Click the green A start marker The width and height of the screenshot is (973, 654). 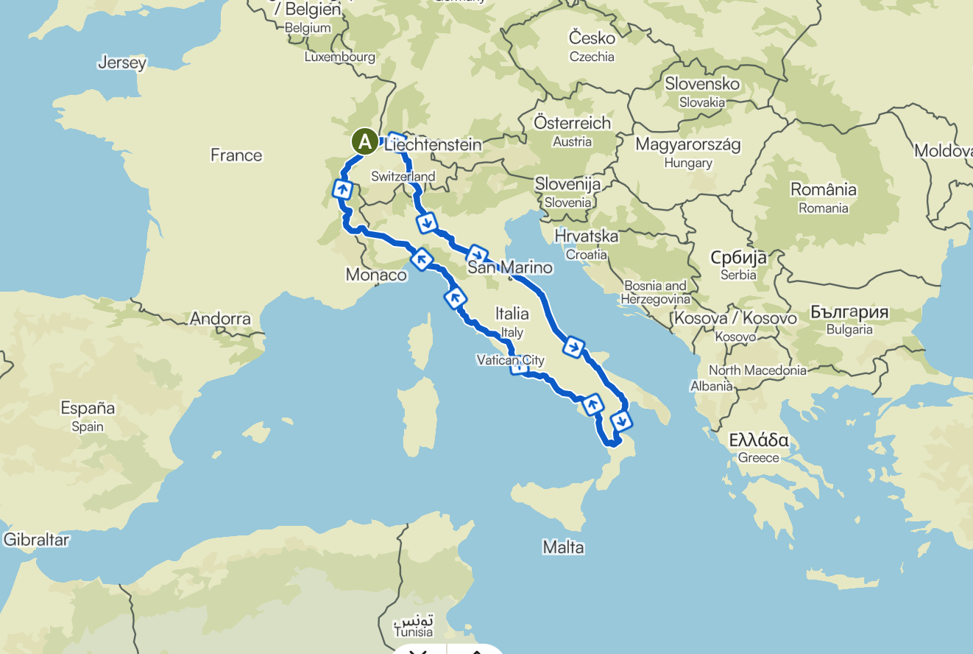point(364,141)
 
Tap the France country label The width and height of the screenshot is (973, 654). point(236,155)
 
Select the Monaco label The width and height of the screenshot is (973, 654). point(376,275)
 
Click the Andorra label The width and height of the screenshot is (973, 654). point(220,319)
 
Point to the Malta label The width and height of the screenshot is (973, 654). point(563,547)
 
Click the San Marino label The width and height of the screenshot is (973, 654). point(510,267)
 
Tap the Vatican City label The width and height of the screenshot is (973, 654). point(510,360)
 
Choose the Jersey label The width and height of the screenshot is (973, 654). point(122,63)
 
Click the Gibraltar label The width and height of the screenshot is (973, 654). point(36,540)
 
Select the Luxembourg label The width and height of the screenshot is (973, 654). point(340,57)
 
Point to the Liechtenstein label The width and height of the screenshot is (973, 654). point(434,144)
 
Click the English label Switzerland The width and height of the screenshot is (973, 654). point(403,177)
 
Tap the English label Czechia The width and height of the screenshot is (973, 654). point(592,57)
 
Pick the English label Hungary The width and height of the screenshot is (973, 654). point(687,163)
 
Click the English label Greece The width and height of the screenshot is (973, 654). point(759,458)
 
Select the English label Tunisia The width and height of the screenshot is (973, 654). point(414,633)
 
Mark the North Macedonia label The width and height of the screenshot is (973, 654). point(757,370)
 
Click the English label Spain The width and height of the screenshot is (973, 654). point(88,426)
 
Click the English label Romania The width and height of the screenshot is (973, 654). point(824,208)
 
